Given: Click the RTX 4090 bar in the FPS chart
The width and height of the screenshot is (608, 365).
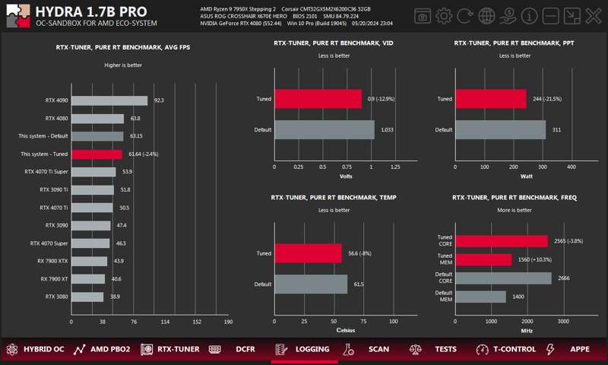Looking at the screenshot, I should point(109,100).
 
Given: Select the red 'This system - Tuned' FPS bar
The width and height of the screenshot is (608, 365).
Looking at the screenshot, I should point(97,154).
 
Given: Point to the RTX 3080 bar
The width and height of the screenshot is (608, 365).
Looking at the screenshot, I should point(87,297).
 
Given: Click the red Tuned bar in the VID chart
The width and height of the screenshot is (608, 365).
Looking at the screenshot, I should point(318,99).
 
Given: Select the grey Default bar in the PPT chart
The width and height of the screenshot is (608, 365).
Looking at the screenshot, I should point(500,130).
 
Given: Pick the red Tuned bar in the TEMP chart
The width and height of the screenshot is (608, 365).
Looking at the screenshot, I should point(308,253).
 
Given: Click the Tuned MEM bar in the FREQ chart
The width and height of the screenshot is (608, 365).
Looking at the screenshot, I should point(484,259).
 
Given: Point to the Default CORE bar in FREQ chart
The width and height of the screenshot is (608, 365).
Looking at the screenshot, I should point(503,278).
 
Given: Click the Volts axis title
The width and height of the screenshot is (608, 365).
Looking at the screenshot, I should point(346,176).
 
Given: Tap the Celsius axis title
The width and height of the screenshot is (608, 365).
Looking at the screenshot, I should point(346,331).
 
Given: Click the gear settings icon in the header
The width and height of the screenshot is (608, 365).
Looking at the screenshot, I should point(444,16).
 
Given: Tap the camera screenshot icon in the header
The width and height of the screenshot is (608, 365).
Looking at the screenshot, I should point(423,16).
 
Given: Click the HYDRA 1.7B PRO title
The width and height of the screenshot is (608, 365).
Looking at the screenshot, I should point(91,11).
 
